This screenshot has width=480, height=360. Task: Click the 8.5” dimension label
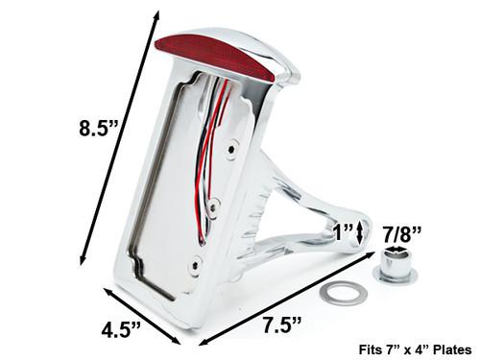click(x=98, y=129)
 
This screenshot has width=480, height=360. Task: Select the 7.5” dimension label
click(x=282, y=324)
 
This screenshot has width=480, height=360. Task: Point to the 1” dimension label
click(x=343, y=232)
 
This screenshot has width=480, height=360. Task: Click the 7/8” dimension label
click(x=402, y=234)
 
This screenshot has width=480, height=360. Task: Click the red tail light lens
click(x=215, y=60)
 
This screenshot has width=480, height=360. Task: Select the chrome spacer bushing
click(x=396, y=268)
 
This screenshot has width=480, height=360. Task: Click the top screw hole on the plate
click(x=230, y=149)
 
